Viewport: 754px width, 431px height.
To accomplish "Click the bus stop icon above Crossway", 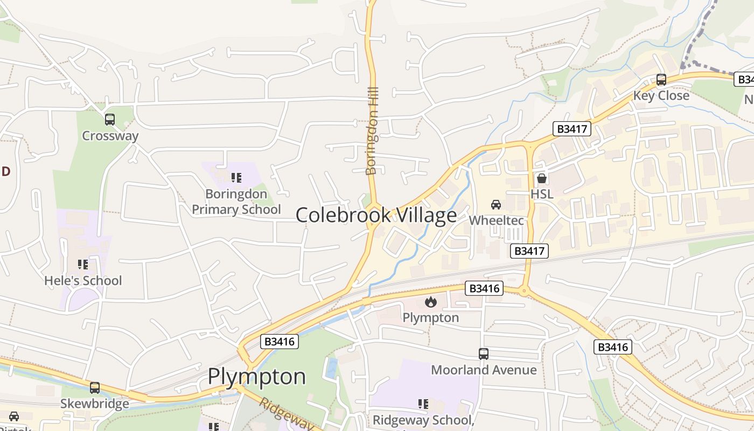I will (x=110, y=120).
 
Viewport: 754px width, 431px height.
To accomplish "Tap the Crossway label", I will (x=110, y=136).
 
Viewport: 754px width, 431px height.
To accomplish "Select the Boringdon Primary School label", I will (x=236, y=201).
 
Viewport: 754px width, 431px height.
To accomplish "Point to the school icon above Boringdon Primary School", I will (x=236, y=177).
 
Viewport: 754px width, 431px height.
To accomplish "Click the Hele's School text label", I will (x=83, y=281).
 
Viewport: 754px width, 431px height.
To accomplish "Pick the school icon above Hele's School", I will (x=82, y=265).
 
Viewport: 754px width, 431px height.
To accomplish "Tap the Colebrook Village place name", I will (x=376, y=215).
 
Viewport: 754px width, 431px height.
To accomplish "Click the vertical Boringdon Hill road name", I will (x=372, y=131).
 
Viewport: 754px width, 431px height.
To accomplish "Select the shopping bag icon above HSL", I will (x=542, y=178).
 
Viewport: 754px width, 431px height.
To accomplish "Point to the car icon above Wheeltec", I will (x=496, y=204).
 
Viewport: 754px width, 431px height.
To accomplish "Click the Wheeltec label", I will (x=495, y=220).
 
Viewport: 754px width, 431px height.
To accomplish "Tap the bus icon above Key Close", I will (x=661, y=80).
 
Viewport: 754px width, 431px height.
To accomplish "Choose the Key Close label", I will (x=661, y=96).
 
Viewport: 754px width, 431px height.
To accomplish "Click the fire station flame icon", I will (x=430, y=302).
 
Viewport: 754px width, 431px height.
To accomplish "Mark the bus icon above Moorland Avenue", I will (x=484, y=354).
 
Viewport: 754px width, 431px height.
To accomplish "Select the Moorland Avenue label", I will (x=484, y=370).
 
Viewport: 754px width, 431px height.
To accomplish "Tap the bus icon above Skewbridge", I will (x=95, y=387).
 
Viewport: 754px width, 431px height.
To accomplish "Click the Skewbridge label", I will (x=95, y=404).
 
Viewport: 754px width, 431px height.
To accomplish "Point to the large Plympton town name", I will (x=257, y=377).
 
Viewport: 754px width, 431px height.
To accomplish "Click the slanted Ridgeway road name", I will (x=286, y=414).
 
